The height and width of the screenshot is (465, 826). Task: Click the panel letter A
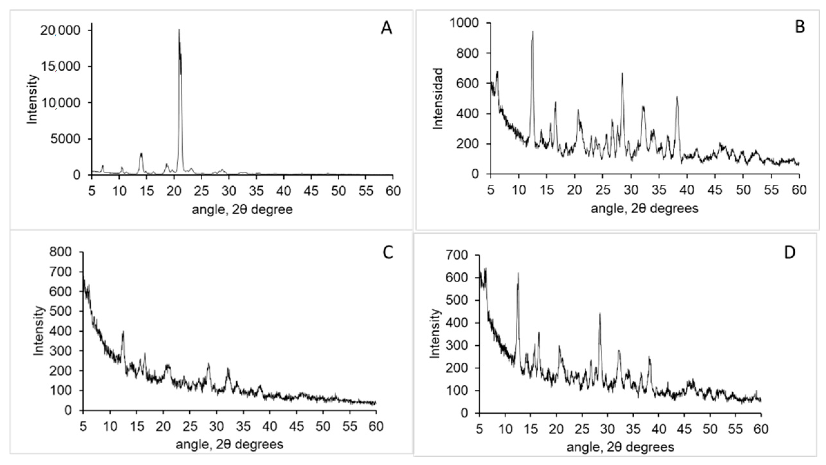386,28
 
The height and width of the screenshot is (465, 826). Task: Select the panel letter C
388,253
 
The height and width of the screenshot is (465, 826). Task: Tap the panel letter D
790,253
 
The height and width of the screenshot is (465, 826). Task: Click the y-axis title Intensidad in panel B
438,98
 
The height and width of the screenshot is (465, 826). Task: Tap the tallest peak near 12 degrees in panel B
533,32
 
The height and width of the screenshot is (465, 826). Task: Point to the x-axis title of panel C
229,445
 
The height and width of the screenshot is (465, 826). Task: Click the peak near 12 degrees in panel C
123,332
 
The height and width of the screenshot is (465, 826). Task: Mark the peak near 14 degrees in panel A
141,154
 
